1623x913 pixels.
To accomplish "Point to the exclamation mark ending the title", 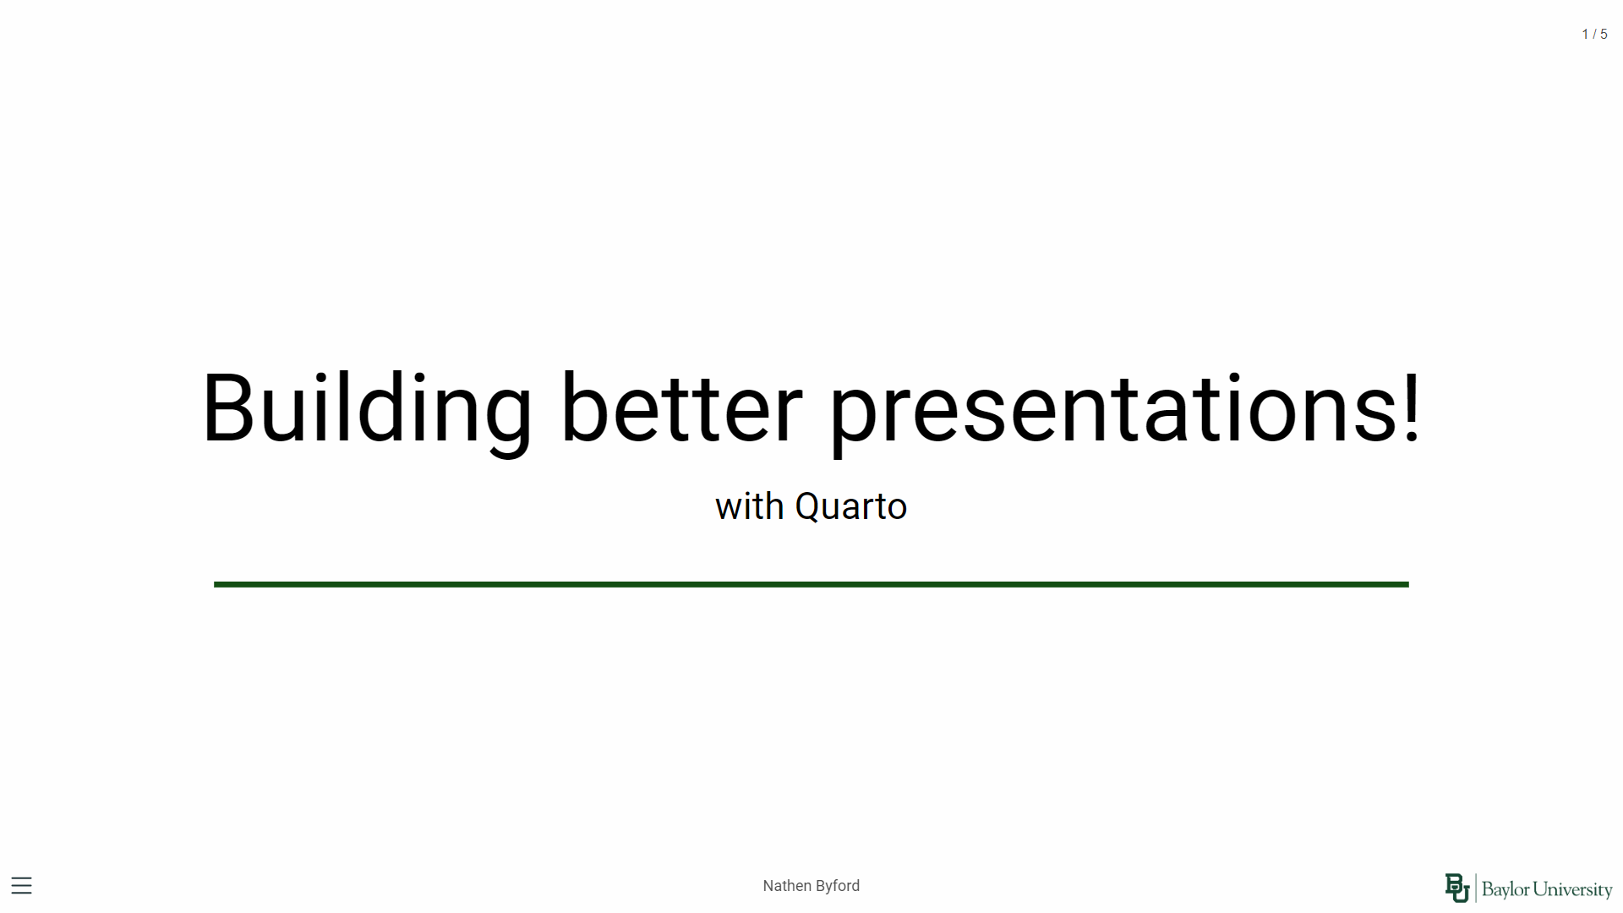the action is pyautogui.click(x=1411, y=407).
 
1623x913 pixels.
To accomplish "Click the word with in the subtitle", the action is pyautogui.click(x=750, y=506).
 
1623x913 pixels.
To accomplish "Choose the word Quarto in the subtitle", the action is pyautogui.click(x=851, y=507).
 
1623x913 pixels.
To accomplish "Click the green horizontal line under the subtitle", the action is pyautogui.click(x=811, y=584).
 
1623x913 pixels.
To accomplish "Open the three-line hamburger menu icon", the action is pyautogui.click(x=21, y=886).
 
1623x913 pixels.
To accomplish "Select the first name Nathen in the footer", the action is pyautogui.click(x=787, y=886).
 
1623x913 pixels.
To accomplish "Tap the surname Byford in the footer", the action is pyautogui.click(x=838, y=886).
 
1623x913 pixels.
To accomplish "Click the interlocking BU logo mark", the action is pyautogui.click(x=1457, y=888).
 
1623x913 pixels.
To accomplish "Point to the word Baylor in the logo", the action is pyautogui.click(x=1506, y=889).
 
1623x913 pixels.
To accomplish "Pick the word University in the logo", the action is pyautogui.click(x=1573, y=889).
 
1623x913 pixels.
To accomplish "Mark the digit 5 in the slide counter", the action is pyautogui.click(x=1604, y=35).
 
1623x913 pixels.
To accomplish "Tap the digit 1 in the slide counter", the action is pyautogui.click(x=1585, y=35).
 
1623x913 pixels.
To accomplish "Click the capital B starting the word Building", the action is pyautogui.click(x=227, y=407).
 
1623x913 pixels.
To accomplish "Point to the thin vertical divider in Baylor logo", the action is pyautogui.click(x=1476, y=888).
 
